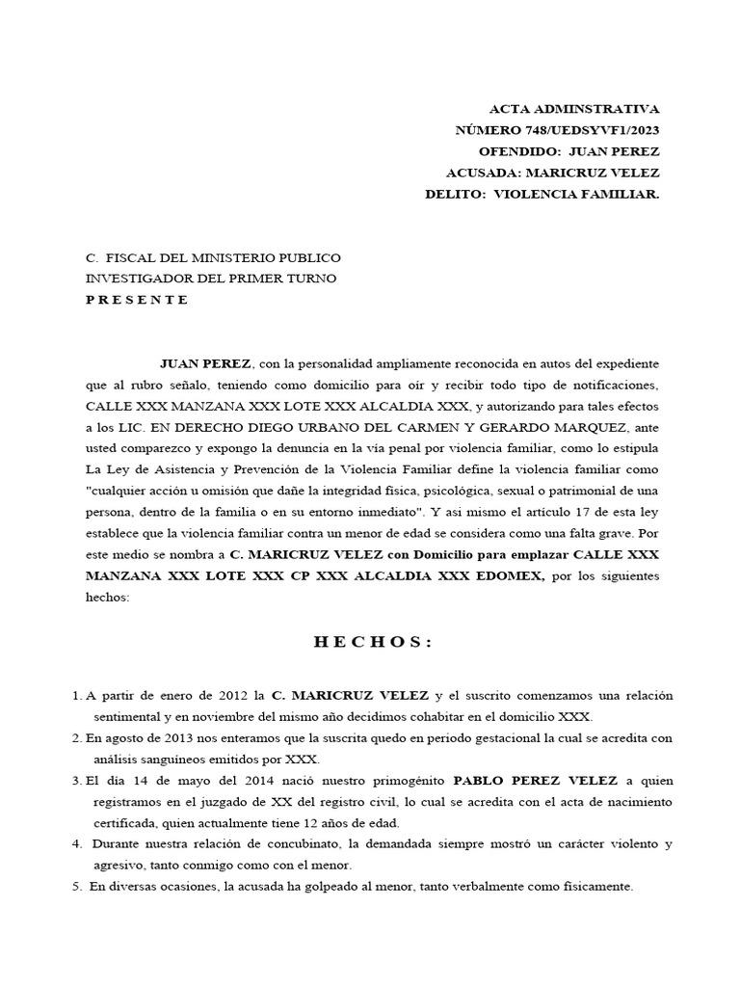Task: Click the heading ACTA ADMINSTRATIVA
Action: coord(575,109)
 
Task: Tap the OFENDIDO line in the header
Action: coord(568,151)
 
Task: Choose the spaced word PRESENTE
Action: coord(138,300)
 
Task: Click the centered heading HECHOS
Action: coord(373,643)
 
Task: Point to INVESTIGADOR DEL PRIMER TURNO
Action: coord(211,279)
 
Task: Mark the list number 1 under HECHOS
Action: coord(76,696)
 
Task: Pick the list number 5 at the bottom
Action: coord(76,887)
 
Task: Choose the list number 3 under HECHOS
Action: coord(76,781)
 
